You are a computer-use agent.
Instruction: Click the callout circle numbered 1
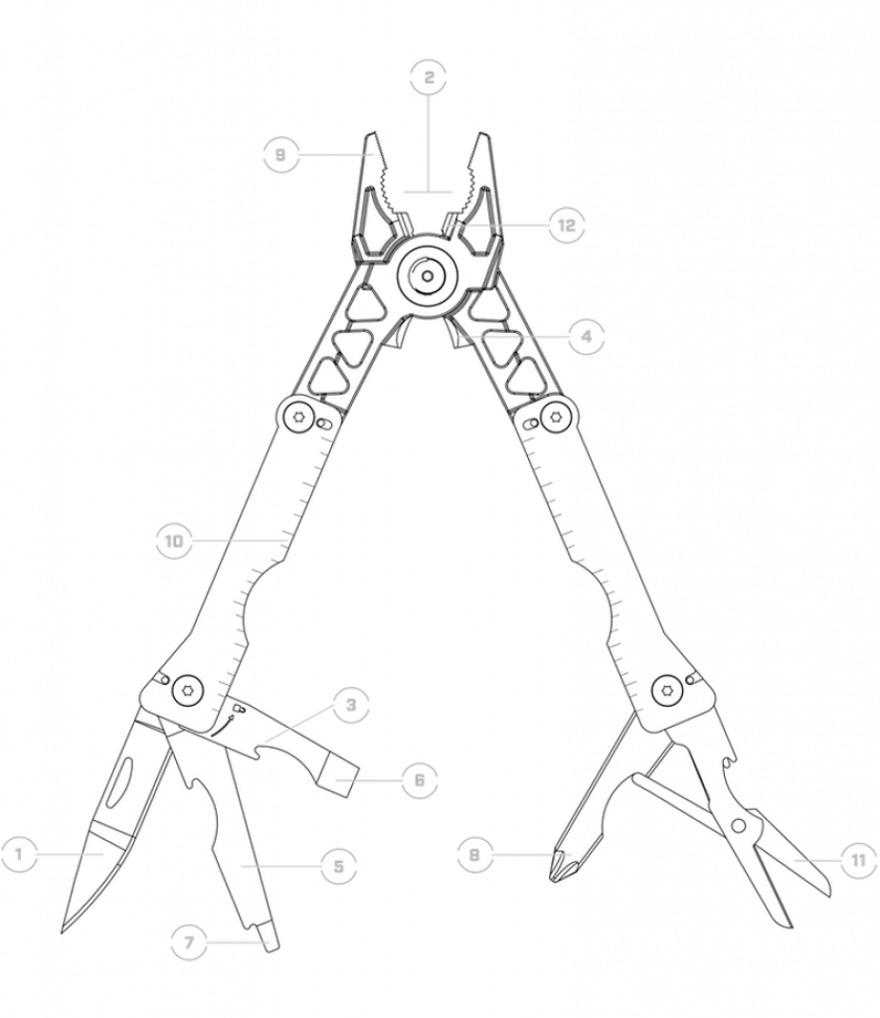(18, 854)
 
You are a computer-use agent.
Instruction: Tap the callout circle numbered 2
(429, 78)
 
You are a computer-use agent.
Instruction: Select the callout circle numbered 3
(351, 705)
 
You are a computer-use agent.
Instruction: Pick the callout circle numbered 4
(586, 337)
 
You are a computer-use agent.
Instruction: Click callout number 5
(338, 866)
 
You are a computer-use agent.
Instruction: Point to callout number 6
(419, 779)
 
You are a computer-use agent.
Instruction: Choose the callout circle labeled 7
(189, 942)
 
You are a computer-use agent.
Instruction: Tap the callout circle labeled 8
(474, 854)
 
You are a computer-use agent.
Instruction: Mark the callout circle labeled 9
(280, 154)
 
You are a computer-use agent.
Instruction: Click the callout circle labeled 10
(174, 541)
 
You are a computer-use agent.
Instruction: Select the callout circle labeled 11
(858, 861)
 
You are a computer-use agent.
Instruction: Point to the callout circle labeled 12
(567, 226)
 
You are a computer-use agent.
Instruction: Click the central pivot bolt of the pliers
(427, 276)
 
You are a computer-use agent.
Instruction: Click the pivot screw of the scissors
(739, 826)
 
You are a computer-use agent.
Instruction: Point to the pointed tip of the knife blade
(63, 932)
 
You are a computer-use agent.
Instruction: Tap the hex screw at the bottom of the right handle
(664, 688)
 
